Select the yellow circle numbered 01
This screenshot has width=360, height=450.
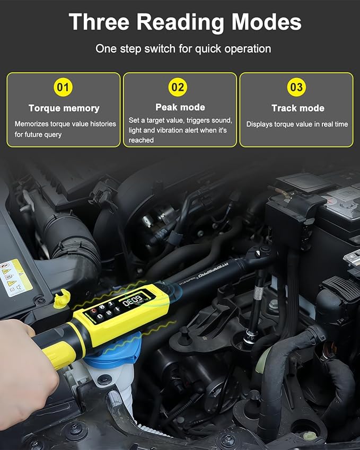tap(63, 87)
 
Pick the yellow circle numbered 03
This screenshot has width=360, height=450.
tap(296, 87)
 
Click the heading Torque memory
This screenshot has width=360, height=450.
tap(64, 108)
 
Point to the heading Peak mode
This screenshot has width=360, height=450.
tap(180, 107)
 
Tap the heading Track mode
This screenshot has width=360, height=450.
tap(297, 108)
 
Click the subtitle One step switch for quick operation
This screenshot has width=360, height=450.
tap(183, 49)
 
